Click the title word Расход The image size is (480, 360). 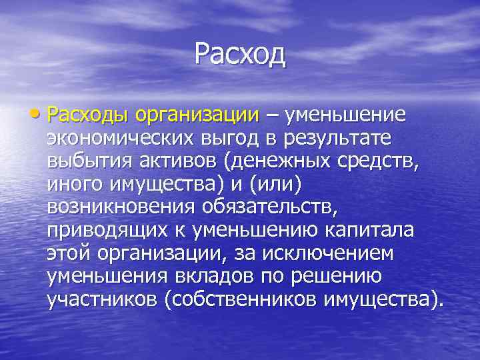click(240, 54)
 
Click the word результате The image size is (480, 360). click(349, 139)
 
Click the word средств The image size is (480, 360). click(386, 163)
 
